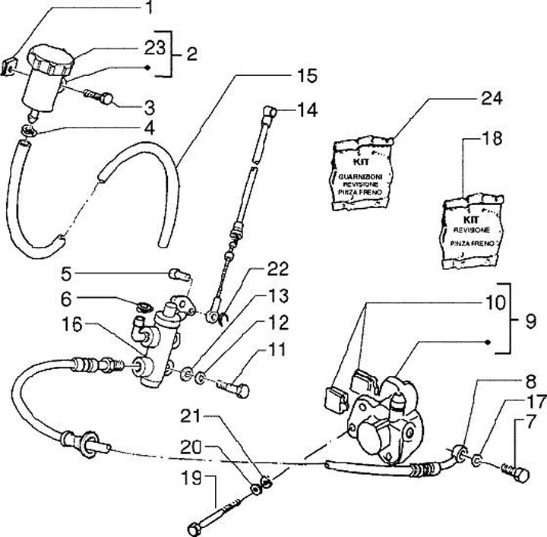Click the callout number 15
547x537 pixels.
pyautogui.click(x=307, y=76)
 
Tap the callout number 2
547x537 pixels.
pyautogui.click(x=191, y=54)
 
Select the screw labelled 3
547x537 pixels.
pyautogui.click(x=100, y=98)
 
